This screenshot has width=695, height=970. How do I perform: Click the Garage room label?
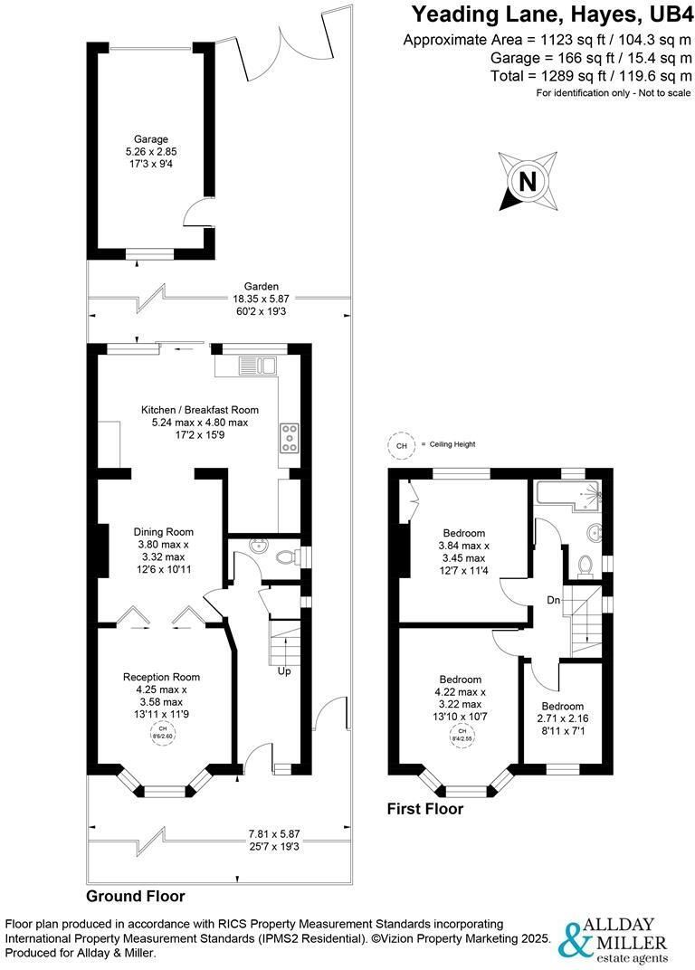(x=150, y=139)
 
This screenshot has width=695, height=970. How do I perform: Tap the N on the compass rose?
(x=528, y=182)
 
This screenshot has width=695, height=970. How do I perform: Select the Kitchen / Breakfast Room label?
(x=200, y=410)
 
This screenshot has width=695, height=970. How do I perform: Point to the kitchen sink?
(x=257, y=365)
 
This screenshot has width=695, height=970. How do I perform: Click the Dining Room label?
(x=164, y=532)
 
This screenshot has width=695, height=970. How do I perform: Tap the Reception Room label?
(x=161, y=678)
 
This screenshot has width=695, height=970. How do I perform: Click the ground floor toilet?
(x=287, y=556)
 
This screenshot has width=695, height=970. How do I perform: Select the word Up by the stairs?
(x=284, y=671)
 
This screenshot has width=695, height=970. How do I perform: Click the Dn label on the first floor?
(x=553, y=600)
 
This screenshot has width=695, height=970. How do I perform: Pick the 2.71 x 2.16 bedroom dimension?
(x=563, y=718)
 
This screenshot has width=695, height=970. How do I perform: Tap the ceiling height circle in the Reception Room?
(x=161, y=734)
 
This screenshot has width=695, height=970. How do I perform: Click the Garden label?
(x=262, y=287)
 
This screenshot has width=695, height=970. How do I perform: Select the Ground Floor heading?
(x=136, y=896)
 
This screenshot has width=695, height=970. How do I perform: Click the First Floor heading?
(x=425, y=809)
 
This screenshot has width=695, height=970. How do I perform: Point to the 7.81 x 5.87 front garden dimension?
(x=274, y=834)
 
